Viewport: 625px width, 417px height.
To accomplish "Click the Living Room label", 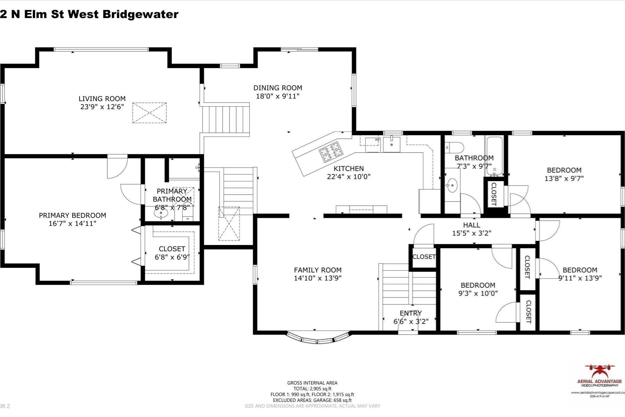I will point(102,99).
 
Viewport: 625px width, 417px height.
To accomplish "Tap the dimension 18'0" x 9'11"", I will point(277,96).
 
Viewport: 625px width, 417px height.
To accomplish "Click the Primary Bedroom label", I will point(72,215).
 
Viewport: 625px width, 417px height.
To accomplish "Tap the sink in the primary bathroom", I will point(161,213).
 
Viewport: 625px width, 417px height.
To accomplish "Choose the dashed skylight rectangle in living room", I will point(149,113).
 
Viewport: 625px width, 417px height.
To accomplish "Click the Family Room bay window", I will point(318,338).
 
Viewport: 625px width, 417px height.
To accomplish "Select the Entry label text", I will point(410,313).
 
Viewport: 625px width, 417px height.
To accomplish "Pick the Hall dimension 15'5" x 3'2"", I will point(472,233).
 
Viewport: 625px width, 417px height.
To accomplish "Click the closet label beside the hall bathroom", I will point(494,194).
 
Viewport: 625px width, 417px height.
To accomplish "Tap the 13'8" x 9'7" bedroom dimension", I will point(564,178).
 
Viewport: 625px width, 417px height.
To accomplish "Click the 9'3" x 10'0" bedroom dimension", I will point(478,293).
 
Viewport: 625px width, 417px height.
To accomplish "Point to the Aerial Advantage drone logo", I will point(599,371).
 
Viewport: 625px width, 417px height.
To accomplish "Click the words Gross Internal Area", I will point(312,383).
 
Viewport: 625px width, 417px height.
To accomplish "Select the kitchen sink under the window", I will point(392,144).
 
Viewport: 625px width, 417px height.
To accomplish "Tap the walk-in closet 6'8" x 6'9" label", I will point(172,253).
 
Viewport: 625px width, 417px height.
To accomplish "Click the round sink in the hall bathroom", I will point(452,185).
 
